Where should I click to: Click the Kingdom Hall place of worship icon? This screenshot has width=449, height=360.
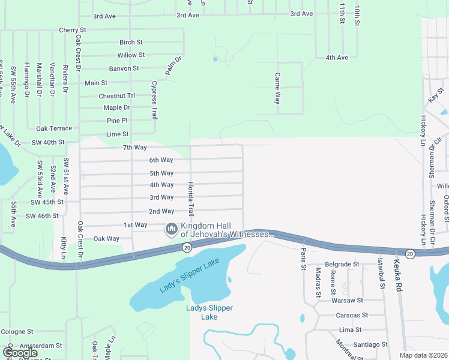172,229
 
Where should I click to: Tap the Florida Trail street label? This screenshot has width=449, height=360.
191,199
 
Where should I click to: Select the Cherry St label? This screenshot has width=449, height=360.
73,30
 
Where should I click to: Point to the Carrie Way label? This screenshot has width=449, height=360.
277,89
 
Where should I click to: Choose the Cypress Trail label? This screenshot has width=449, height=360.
154,100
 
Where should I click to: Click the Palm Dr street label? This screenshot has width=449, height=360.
173,67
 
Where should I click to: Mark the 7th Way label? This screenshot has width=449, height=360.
135,148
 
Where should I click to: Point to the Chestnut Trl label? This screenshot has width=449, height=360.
117,96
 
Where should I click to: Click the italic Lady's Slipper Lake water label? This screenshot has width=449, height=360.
190,275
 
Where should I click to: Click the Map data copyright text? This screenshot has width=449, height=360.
424,355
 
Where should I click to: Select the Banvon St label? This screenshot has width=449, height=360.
124,69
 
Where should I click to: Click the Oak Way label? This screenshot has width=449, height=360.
107,239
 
